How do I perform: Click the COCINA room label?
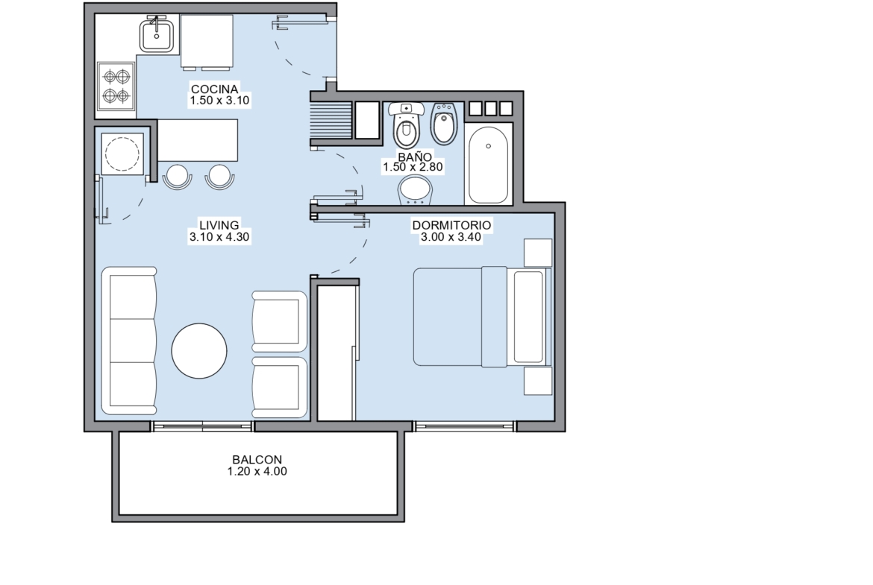tap(214, 89)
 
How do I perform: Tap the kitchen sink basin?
tap(156, 34)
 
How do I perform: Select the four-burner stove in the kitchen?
tap(116, 86)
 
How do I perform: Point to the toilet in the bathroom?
tap(406, 124)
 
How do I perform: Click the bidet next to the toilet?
tap(444, 123)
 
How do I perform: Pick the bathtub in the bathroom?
tap(488, 165)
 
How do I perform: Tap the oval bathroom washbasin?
tap(415, 190)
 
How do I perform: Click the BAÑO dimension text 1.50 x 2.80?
tap(413, 167)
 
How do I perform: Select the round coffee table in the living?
tap(199, 351)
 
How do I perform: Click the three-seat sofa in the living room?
tap(129, 341)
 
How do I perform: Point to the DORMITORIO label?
tap(451, 225)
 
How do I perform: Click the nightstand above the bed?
tap(538, 253)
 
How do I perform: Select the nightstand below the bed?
tap(538, 381)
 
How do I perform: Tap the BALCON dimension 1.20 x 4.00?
tap(257, 472)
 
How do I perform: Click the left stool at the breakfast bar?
tap(178, 177)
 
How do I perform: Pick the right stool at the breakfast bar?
tap(220, 177)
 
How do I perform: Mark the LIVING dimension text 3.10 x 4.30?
tap(219, 237)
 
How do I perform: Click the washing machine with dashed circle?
tap(122, 153)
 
